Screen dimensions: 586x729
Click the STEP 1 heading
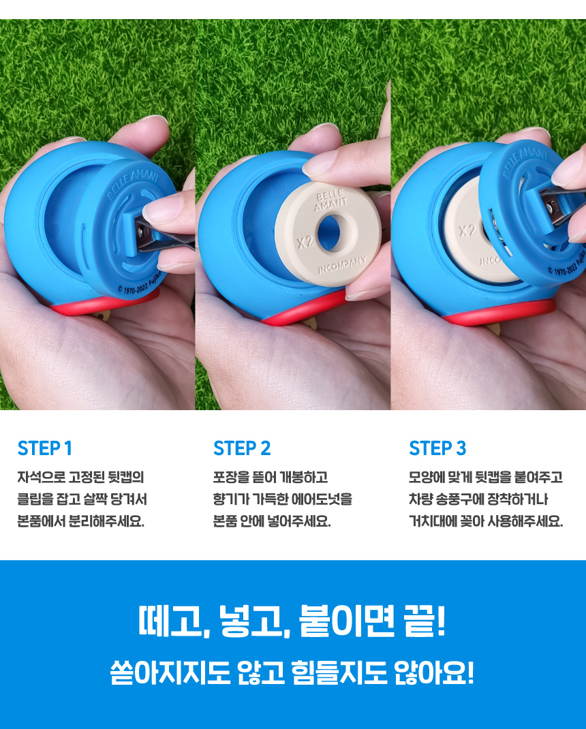45,448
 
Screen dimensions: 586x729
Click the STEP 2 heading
242,448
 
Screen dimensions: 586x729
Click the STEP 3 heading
437,448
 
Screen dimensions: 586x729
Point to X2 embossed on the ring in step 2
305,241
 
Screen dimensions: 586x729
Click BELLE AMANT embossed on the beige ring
330,200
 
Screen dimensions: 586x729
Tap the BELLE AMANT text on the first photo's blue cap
133,184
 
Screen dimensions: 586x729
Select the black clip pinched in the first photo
164,238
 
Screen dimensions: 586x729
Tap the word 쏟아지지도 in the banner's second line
170,672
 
